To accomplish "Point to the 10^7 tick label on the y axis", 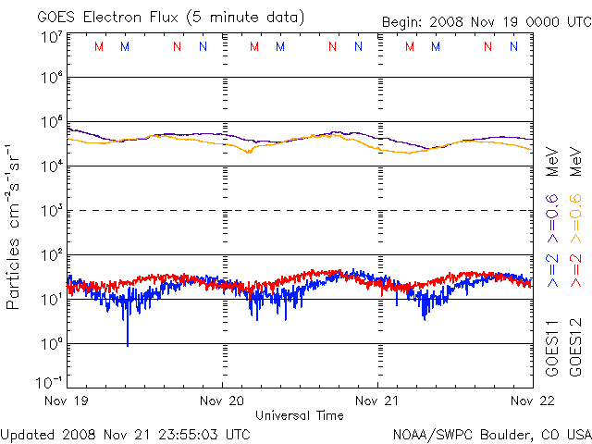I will click(51, 38).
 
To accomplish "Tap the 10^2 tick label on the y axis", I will click(51, 253).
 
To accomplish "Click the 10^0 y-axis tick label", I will click(51, 342).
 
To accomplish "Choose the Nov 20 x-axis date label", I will click(223, 401).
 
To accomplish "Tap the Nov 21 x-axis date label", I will click(378, 401).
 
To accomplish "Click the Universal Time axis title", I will click(300, 415).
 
